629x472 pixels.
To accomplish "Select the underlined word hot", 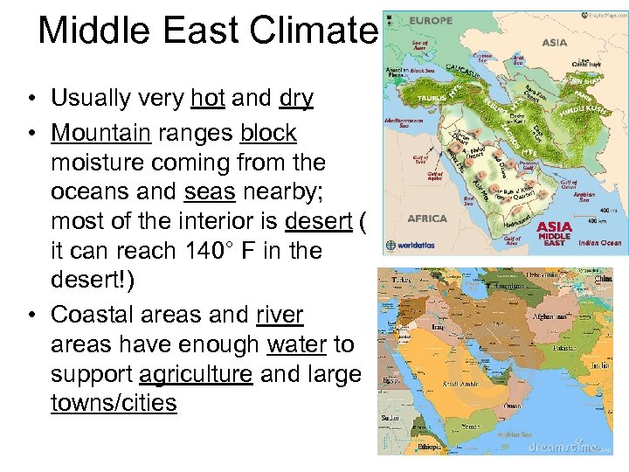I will [x=208, y=99].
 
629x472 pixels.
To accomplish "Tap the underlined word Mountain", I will [x=100, y=134].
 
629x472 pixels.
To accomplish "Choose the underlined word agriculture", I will [x=197, y=374].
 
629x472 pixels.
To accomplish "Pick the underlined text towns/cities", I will [x=114, y=403].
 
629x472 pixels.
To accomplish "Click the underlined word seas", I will [x=211, y=192].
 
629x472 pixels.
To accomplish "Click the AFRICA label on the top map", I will [x=427, y=218].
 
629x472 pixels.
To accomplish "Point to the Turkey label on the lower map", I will [x=401, y=279].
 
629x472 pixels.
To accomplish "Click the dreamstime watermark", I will [x=564, y=447].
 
